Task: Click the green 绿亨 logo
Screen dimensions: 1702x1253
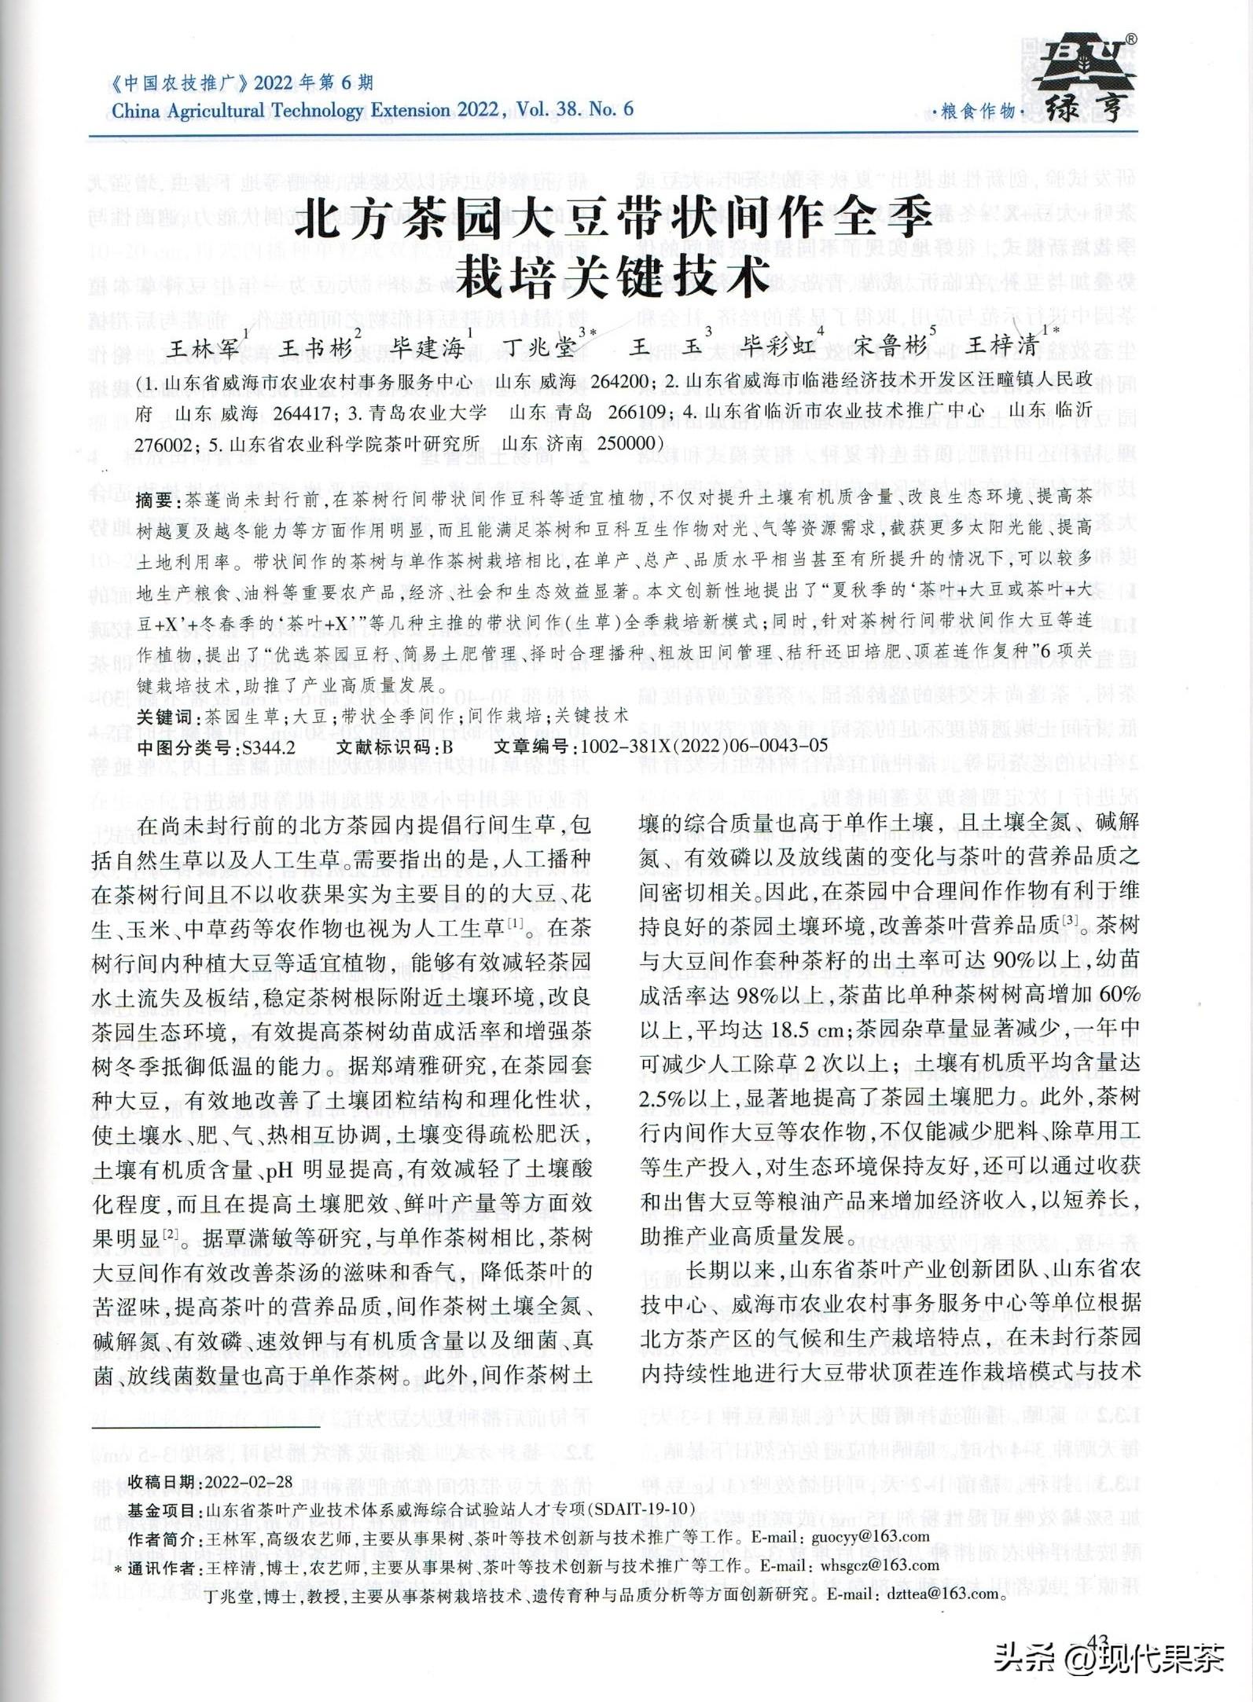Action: [1085, 79]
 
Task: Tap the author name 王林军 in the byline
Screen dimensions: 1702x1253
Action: [207, 347]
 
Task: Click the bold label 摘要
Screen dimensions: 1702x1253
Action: [156, 499]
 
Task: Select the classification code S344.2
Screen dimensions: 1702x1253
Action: [269, 746]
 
